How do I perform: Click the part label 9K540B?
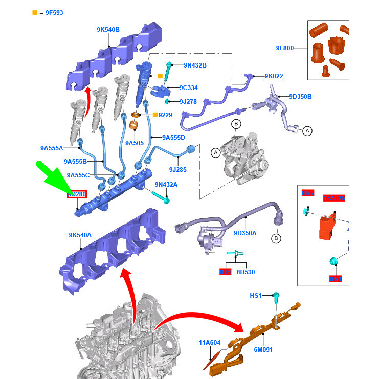pyautogui.click(x=108, y=30)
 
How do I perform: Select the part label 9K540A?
pyautogui.click(x=80, y=235)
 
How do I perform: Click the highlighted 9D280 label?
pyautogui.click(x=77, y=194)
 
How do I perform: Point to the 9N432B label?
pyautogui.click(x=195, y=65)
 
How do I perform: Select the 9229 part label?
pyautogui.click(x=165, y=115)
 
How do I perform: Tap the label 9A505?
pyautogui.click(x=135, y=143)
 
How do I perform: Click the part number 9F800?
pyautogui.click(x=285, y=48)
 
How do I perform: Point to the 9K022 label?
pyautogui.click(x=274, y=76)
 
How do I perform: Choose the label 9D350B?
pyautogui.click(x=300, y=96)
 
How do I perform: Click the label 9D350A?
pyautogui.click(x=245, y=233)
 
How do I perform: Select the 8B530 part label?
pyautogui.click(x=246, y=272)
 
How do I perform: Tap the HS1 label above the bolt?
pyautogui.click(x=255, y=296)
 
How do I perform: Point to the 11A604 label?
pyautogui.click(x=210, y=342)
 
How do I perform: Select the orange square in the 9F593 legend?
pyautogui.click(x=34, y=12)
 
